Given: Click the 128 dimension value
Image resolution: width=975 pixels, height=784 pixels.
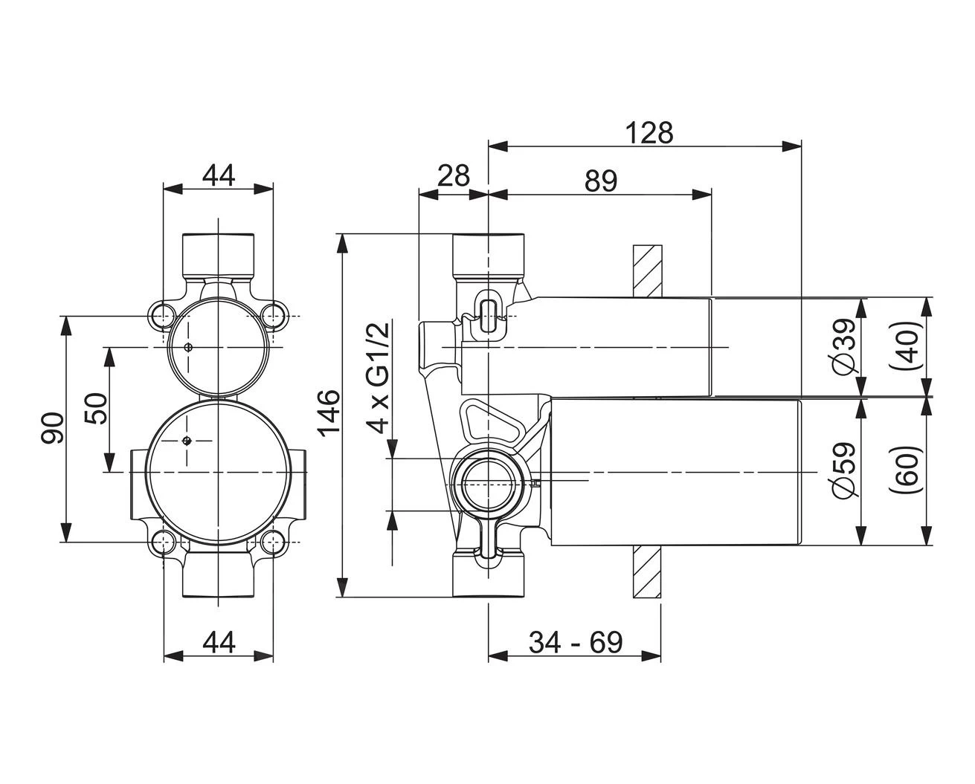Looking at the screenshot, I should (x=649, y=133).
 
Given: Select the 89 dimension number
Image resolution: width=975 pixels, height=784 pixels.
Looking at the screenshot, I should (x=600, y=181).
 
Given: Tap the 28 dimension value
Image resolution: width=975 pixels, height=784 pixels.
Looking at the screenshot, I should (x=453, y=177).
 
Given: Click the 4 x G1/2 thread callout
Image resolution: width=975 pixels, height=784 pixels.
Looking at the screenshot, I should (x=380, y=377).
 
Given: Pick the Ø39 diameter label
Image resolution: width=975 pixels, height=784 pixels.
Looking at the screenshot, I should (x=843, y=348).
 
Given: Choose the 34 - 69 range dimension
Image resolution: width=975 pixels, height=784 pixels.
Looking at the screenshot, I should (x=575, y=641).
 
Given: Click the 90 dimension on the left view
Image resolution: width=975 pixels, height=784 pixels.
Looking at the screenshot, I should (x=53, y=429).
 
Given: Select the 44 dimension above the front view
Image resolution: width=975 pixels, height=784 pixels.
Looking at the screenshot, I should (x=218, y=176).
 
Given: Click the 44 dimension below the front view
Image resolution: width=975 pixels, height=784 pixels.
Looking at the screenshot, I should (x=218, y=641).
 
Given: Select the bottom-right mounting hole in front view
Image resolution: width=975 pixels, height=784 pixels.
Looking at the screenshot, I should (x=274, y=542).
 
